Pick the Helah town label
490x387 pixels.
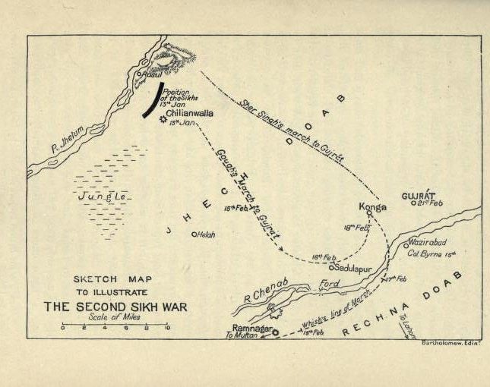(206, 235)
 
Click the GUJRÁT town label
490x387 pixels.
(418, 194)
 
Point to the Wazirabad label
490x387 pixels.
(430, 241)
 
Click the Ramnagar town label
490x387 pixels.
(251, 327)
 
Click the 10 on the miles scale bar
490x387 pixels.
(167, 329)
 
